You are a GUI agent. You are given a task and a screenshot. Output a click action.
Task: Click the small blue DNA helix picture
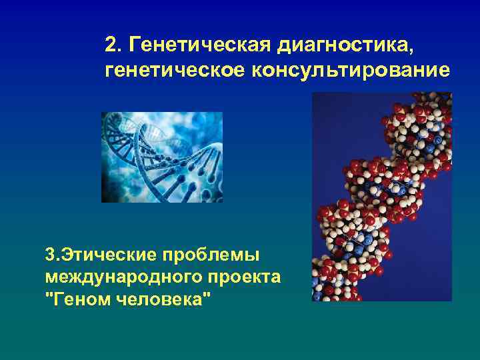[x=162, y=157]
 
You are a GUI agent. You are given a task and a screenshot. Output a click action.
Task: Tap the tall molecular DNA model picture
[x=382, y=197]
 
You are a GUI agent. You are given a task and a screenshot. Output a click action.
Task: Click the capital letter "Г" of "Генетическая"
[x=136, y=46]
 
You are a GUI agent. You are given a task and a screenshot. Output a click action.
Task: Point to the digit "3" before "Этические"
[x=49, y=255]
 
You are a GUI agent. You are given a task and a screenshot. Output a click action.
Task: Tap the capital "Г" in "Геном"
[x=55, y=297]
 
